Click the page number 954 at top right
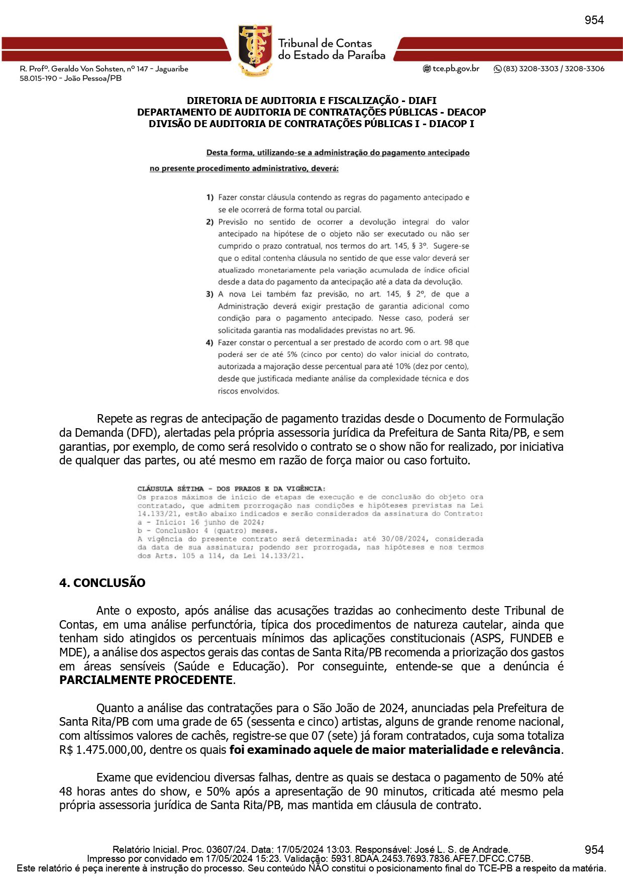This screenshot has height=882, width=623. (594, 20)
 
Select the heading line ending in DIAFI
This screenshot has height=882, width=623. (311, 101)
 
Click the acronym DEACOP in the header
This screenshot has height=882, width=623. (466, 112)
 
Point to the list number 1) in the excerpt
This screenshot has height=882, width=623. (210, 198)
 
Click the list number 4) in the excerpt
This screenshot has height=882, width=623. (210, 343)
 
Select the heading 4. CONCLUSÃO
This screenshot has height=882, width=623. (102, 583)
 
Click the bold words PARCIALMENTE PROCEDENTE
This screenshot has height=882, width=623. (146, 680)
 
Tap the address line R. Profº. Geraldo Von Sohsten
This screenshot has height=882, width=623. (103, 69)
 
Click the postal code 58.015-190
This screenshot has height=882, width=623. (38, 78)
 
